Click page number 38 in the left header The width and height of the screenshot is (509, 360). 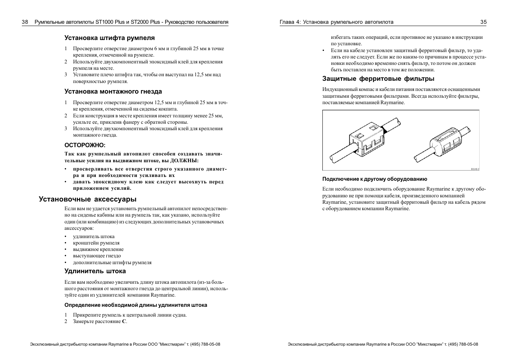[25, 22]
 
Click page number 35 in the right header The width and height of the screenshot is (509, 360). [483, 22]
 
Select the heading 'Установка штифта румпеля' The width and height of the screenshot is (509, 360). [109, 38]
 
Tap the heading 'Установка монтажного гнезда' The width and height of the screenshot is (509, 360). [113, 91]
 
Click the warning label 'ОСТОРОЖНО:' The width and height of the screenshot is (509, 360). [85, 145]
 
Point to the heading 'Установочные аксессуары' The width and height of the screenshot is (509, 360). [87, 199]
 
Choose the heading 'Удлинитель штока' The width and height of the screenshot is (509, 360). [95, 271]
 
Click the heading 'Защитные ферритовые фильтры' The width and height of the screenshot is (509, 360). [378, 78]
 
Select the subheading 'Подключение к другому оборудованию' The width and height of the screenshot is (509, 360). [375, 179]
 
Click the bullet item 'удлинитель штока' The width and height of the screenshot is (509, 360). [94, 237]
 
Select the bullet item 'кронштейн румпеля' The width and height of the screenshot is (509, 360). [96, 243]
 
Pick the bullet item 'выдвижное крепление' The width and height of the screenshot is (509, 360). [98, 249]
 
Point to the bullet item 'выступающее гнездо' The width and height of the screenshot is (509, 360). [97, 256]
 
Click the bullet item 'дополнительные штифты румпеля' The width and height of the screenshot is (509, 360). [112, 263]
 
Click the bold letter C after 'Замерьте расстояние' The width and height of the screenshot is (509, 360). [124, 322]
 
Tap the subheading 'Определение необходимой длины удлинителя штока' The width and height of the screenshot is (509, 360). [136, 305]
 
